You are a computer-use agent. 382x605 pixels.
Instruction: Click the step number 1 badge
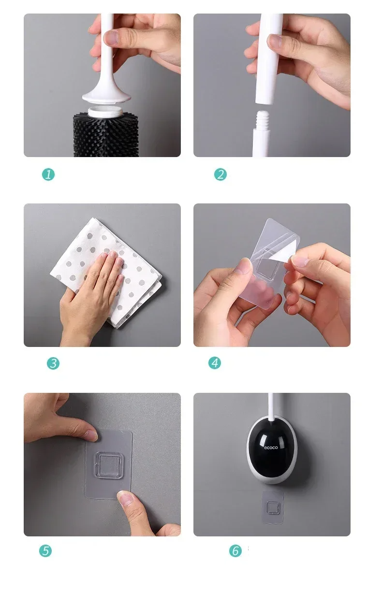click(x=48, y=174)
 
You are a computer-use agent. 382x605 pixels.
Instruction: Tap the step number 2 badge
click(x=220, y=174)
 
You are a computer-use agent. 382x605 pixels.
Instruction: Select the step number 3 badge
click(x=53, y=363)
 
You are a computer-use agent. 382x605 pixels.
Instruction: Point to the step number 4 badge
click(x=215, y=363)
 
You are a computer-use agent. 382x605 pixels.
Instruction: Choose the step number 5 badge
click(x=45, y=551)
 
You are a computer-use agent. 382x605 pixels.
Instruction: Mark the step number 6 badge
click(x=235, y=551)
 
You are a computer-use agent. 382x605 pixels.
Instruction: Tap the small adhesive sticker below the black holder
click(x=273, y=507)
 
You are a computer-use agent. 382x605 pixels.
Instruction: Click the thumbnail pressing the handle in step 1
click(x=111, y=37)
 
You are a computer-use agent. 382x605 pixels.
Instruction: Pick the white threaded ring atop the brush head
click(x=105, y=112)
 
